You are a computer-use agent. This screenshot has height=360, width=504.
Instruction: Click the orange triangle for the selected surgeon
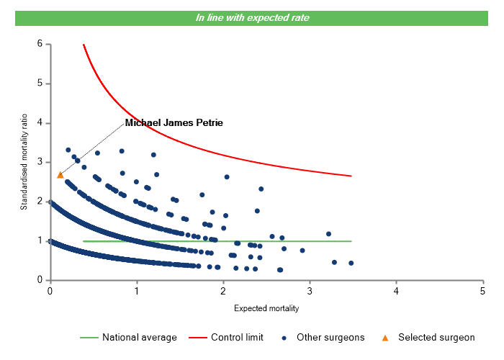(60, 175)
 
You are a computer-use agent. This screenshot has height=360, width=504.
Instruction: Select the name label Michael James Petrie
(174, 123)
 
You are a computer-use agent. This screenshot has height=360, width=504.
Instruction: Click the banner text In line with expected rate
(252, 17)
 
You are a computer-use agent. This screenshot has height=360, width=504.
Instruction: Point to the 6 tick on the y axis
(40, 45)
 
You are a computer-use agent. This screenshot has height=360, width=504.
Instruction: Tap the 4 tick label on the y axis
(40, 123)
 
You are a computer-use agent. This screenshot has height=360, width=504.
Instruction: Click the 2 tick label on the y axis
(40, 202)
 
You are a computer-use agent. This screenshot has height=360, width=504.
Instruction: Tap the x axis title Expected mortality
(266, 308)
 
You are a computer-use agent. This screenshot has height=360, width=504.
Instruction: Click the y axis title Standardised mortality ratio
(24, 162)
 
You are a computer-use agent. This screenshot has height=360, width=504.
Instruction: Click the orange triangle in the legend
(384, 337)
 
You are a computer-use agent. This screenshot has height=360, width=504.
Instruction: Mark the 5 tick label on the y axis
(40, 84)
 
